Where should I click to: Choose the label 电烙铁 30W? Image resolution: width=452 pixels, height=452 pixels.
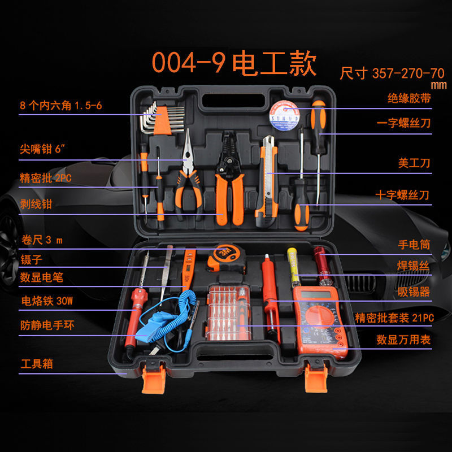(x=47, y=301)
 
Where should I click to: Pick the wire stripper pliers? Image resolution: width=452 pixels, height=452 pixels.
(x=229, y=175)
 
